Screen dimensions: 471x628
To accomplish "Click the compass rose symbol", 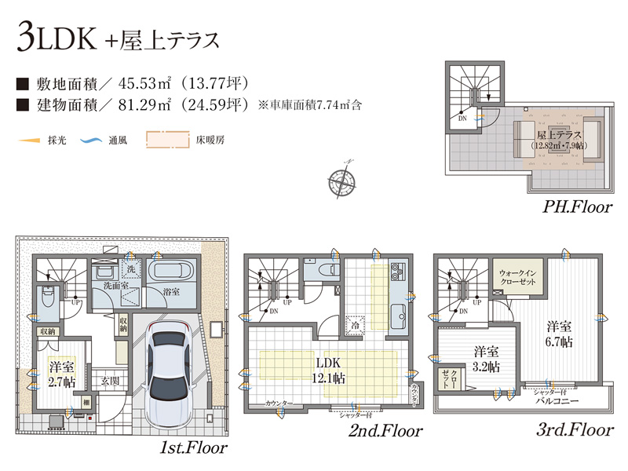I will pyautogui.click(x=341, y=179).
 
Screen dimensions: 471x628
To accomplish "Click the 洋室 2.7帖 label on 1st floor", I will pyautogui.click(x=60, y=374).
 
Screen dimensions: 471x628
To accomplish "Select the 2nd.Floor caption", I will pyautogui.click(x=385, y=430).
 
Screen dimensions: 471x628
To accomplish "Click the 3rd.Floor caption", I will pyautogui.click(x=576, y=429).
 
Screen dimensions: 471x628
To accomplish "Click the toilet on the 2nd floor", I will pyautogui.click(x=323, y=269).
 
